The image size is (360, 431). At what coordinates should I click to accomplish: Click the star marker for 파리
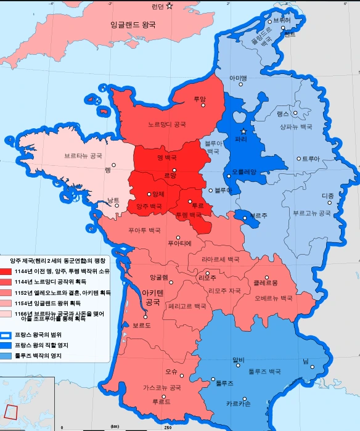tap(244, 131)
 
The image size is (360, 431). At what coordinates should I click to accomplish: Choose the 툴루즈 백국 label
tap(264, 372)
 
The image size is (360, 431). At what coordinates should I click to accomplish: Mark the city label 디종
tap(328, 196)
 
